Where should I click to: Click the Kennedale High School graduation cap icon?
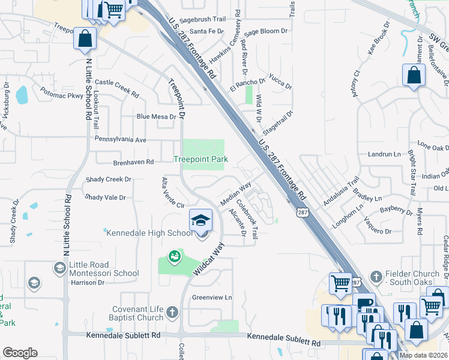pyautogui.click(x=201, y=220)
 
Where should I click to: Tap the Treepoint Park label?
pyautogui.click(x=200, y=159)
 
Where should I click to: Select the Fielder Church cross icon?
pyautogui.click(x=376, y=277)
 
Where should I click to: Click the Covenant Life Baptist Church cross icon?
pyautogui.click(x=172, y=312)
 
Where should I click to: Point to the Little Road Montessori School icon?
pyautogui.click(x=59, y=268)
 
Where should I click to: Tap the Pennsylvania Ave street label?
pyautogui.click(x=121, y=139)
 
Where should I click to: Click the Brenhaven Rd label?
pyautogui.click(x=133, y=162)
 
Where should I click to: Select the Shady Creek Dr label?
pyautogui.click(x=108, y=179)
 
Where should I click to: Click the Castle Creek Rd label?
pyautogui.click(x=117, y=86)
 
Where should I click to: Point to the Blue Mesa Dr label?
pyautogui.click(x=156, y=116)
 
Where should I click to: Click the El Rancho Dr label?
pyautogui.click(x=247, y=85)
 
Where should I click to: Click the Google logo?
pyautogui.click(x=20, y=353)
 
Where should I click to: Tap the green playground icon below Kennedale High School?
pyautogui.click(x=174, y=257)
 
